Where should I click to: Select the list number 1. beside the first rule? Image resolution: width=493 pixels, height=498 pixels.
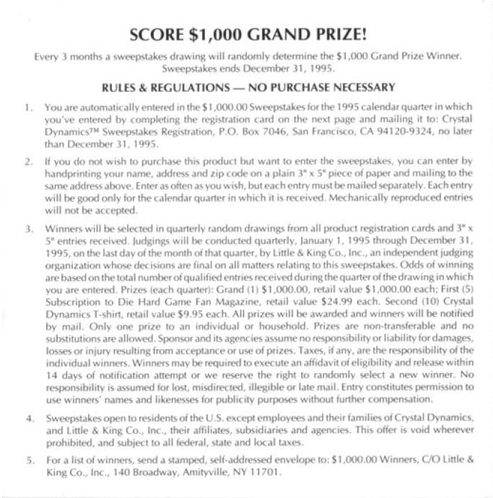(27, 107)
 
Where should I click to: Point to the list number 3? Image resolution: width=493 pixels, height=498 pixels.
(27, 230)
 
